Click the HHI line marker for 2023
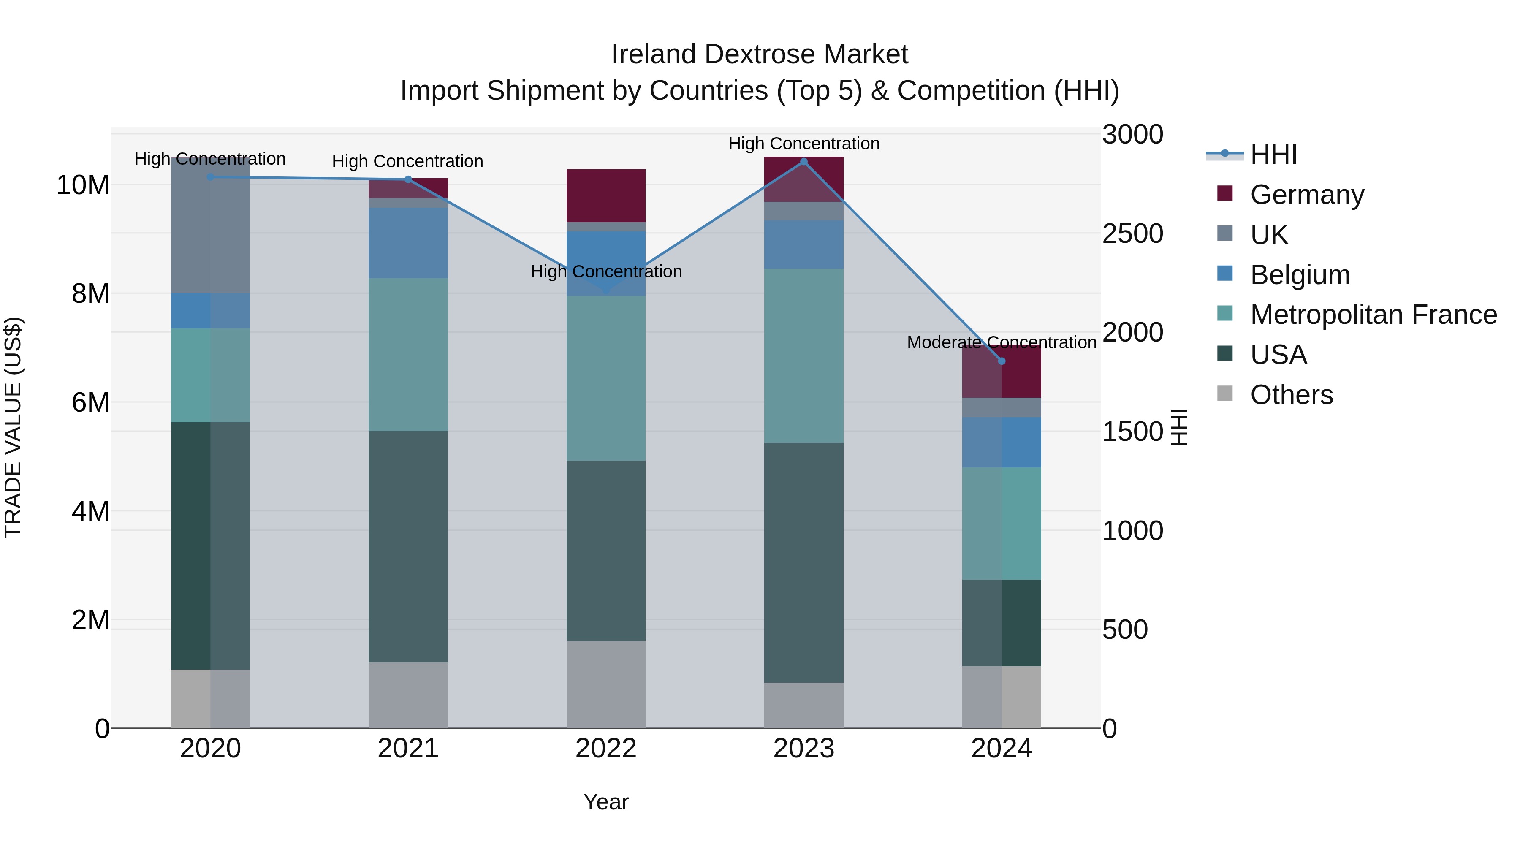(803, 162)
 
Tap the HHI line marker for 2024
(1002, 361)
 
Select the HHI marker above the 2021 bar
(408, 179)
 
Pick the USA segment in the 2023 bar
(803, 562)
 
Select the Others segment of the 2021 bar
(408, 695)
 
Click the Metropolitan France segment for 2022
(605, 377)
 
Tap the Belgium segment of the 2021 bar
(408, 242)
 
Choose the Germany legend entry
(1306, 195)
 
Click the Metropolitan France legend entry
(1373, 315)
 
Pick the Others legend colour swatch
(1225, 394)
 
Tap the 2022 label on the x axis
(605, 749)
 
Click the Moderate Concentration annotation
(1002, 342)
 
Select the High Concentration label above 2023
(803, 144)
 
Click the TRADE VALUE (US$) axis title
(13, 427)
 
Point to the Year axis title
(605, 802)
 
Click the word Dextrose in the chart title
(760, 54)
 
